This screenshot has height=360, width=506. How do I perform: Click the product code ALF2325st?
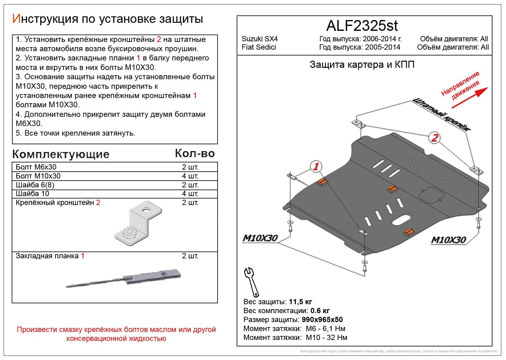pyautogui.click(x=362, y=26)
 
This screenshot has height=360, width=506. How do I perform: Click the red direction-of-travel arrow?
pyautogui.click(x=470, y=98)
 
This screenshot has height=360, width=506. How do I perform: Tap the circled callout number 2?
pyautogui.click(x=434, y=137)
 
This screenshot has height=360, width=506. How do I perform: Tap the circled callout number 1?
pyautogui.click(x=316, y=167)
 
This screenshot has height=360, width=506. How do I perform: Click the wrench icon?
pyautogui.click(x=251, y=281)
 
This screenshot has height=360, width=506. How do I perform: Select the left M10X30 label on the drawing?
pyautogui.click(x=260, y=238)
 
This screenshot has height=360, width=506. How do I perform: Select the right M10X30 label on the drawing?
pyautogui.click(x=448, y=240)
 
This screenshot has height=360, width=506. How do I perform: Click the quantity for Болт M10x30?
pyautogui.click(x=190, y=176)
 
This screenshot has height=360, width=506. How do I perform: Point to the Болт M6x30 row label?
pyautogui.click(x=36, y=167)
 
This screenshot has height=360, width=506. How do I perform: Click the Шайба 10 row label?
pyautogui.click(x=32, y=194)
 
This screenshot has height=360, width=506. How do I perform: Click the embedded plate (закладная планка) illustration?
pyautogui.click(x=123, y=278)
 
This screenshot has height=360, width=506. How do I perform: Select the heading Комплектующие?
pyautogui.click(x=61, y=154)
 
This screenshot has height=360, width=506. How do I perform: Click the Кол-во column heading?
pyautogui.click(x=195, y=153)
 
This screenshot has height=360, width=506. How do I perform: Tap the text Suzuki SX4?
pyautogui.click(x=259, y=39)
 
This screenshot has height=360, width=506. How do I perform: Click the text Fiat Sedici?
pyautogui.click(x=259, y=47)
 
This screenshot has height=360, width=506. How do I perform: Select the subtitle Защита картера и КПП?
pyautogui.click(x=362, y=65)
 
